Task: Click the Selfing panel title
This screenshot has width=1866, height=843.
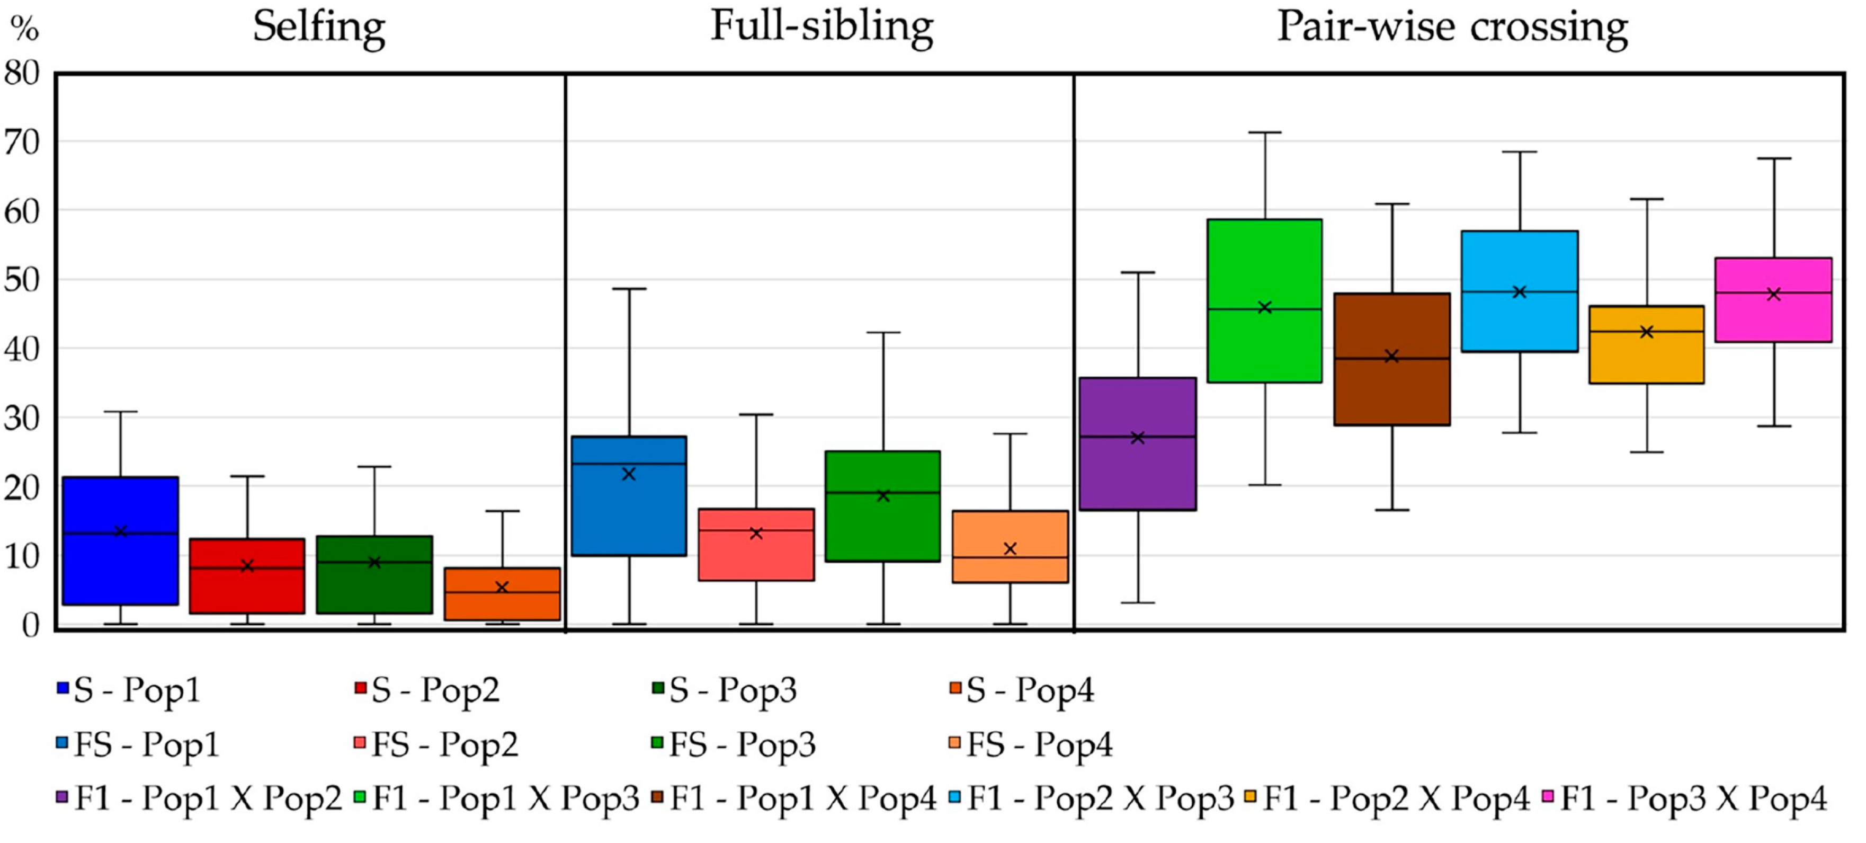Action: coord(319,28)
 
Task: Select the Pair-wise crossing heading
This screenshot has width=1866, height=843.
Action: coord(1452,28)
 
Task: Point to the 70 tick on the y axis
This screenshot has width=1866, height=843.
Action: coord(22,143)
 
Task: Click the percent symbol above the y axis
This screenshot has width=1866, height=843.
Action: coord(23,29)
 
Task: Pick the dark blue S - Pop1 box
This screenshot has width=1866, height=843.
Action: coord(120,573)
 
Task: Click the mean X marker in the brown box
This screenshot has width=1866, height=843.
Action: coord(1391,356)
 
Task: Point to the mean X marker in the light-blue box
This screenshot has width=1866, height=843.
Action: coord(1520,292)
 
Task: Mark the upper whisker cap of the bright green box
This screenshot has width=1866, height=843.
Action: coord(1265,132)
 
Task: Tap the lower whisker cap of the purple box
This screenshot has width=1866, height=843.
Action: coord(1137,602)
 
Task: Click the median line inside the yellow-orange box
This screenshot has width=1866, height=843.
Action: coord(1646,331)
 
